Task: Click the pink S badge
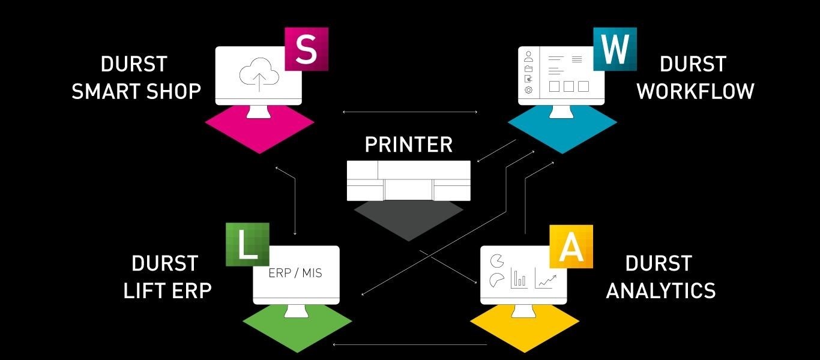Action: [x=306, y=49]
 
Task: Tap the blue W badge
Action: [x=615, y=49]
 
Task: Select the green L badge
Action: [x=247, y=244]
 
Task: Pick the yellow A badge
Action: [x=571, y=247]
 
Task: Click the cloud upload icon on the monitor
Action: [x=259, y=74]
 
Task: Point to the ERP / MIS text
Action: [x=295, y=273]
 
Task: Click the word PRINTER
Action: [x=409, y=145]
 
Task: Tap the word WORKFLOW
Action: [x=696, y=91]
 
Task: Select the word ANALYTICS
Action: [x=661, y=291]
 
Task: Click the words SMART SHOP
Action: [x=136, y=91]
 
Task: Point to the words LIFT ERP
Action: [x=167, y=291]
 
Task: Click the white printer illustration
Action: [x=409, y=181]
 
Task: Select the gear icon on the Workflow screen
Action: [x=529, y=89]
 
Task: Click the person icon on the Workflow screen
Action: [x=529, y=56]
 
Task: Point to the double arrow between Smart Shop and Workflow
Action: [x=409, y=112]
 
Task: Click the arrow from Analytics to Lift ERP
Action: [x=410, y=344]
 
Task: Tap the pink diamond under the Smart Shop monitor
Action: [x=259, y=130]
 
